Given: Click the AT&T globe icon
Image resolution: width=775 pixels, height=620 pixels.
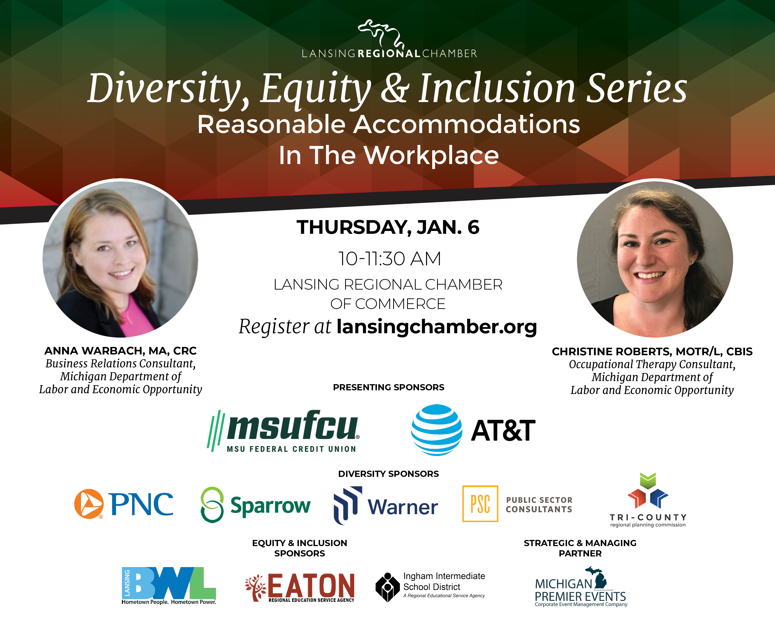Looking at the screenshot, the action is coord(436,430).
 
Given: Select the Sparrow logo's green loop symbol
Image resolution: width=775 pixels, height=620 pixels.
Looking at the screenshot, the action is coord(212,504).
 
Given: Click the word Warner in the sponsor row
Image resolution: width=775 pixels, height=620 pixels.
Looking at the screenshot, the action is coord(402,507).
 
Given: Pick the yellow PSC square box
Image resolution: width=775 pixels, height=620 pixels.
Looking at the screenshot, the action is coord(480,503).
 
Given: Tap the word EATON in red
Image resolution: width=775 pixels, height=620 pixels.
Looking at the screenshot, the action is coord(311,585).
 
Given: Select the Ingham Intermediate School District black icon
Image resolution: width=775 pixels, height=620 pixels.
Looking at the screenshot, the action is coord(388,587).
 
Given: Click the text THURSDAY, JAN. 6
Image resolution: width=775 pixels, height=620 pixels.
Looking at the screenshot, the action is coord(388,227).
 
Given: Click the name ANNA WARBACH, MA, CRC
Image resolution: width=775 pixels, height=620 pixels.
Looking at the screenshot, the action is coord(120,351).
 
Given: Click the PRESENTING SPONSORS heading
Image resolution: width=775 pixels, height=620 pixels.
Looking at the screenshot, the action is coord(389,387).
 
